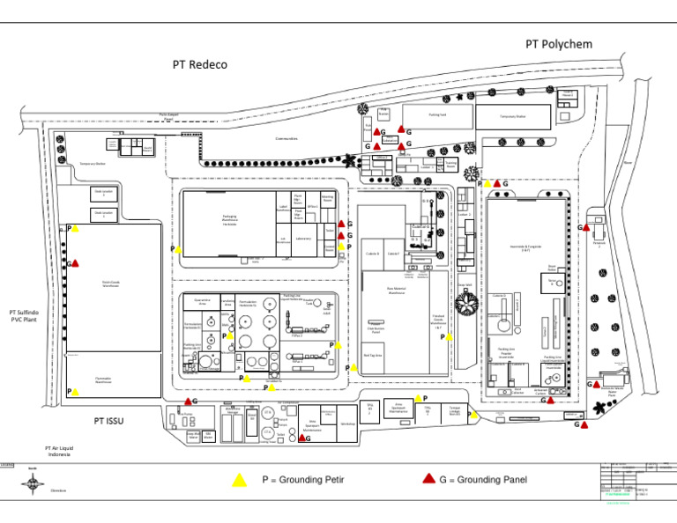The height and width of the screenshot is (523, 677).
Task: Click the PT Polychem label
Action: [x=559, y=44]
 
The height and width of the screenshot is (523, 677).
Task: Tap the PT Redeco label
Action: [x=199, y=64]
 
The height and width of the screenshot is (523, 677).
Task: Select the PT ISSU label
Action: [x=109, y=421]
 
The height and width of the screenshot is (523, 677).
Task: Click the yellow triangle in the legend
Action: [x=238, y=480]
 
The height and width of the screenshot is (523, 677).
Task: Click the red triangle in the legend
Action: [x=428, y=479]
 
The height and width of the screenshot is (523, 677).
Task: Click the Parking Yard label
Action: [x=436, y=114]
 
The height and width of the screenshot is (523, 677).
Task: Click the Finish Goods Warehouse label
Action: [x=111, y=284]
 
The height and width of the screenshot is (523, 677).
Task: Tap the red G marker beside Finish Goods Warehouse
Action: [x=76, y=262]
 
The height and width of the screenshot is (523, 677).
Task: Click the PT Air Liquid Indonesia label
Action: [x=59, y=452]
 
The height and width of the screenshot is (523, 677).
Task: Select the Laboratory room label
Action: [x=303, y=238]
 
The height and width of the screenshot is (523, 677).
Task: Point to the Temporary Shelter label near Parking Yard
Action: [x=513, y=115]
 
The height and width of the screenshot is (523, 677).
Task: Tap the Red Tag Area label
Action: [x=373, y=356]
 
